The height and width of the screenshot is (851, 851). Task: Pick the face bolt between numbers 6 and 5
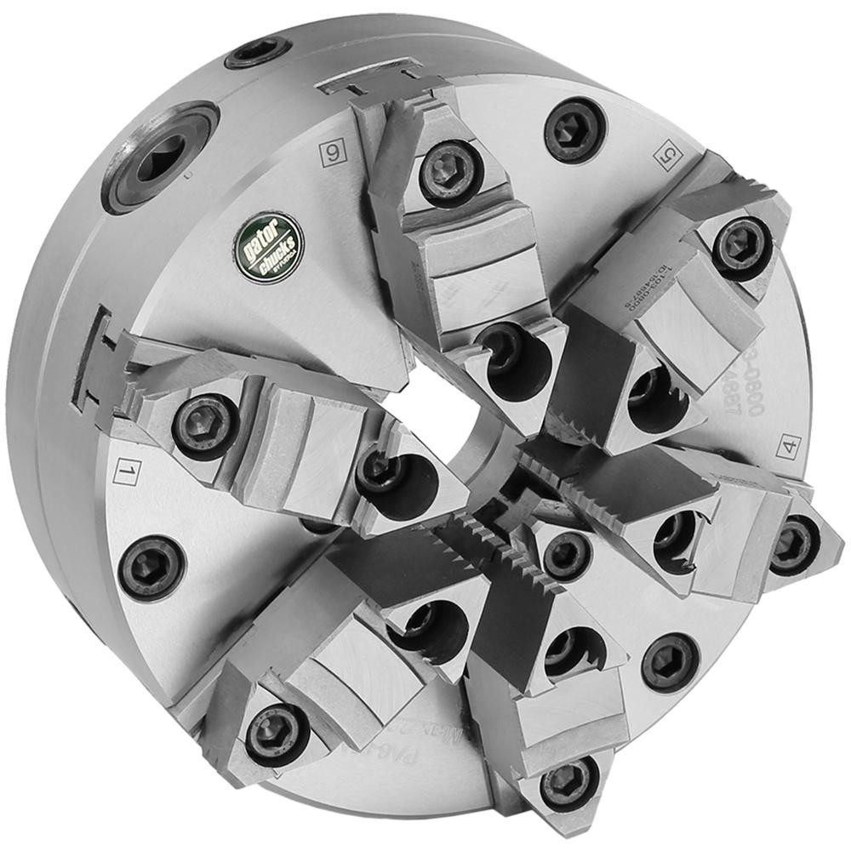pyautogui.click(x=575, y=129)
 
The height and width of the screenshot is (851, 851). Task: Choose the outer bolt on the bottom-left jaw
pyautogui.click(x=277, y=734)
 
